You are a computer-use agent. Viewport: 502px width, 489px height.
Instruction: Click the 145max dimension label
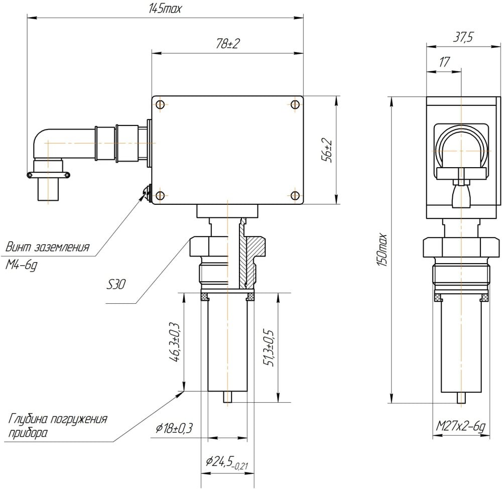click(165, 9)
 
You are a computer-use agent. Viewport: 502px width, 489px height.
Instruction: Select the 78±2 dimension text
click(228, 44)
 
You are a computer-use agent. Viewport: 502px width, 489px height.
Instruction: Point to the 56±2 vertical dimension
click(328, 151)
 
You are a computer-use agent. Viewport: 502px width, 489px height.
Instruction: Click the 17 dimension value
click(444, 62)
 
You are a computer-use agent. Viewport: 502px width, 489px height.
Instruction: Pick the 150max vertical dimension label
click(383, 250)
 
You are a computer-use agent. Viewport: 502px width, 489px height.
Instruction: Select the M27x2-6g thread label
click(461, 427)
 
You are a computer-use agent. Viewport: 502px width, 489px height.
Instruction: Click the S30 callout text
click(116, 284)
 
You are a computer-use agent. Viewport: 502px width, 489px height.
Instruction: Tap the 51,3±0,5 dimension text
click(268, 347)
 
